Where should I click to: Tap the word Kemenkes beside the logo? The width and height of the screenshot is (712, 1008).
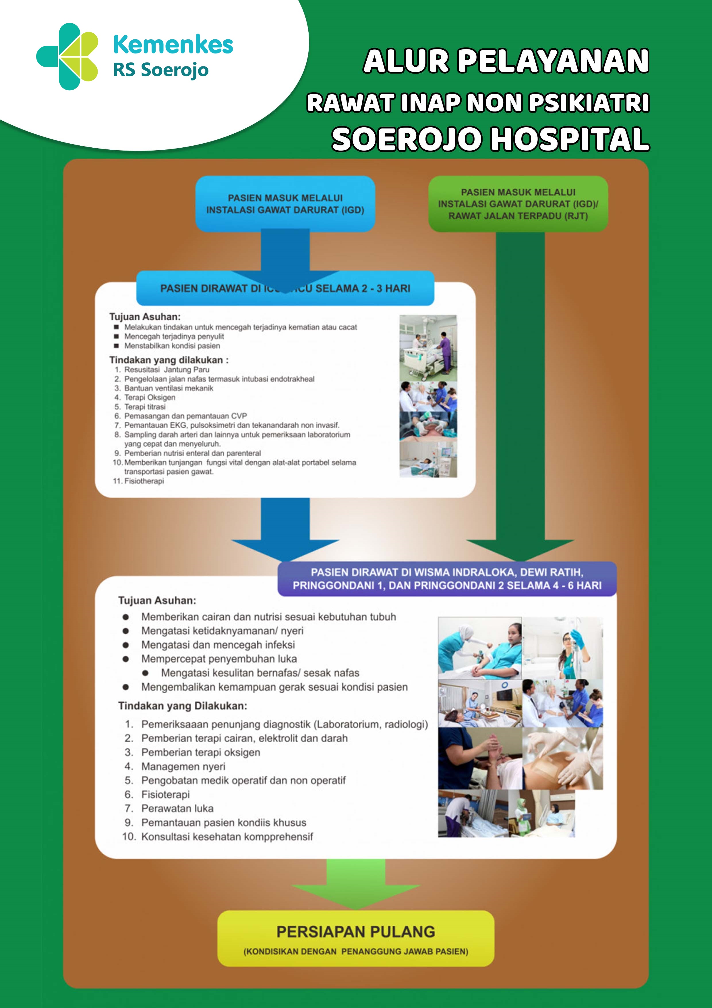click(x=173, y=45)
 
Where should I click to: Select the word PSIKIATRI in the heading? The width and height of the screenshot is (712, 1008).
click(x=589, y=103)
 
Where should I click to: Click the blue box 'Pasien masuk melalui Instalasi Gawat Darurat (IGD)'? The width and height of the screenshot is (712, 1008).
click(x=285, y=204)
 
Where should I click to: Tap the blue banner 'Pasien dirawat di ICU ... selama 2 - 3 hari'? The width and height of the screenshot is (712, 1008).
click(x=285, y=288)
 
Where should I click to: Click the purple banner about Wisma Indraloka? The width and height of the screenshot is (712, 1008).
click(x=447, y=579)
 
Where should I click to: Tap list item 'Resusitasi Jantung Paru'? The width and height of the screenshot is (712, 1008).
click(x=167, y=370)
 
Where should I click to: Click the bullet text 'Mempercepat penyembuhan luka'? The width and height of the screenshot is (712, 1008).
click(x=219, y=659)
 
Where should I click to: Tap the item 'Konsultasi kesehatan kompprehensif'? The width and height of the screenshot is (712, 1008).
click(x=227, y=837)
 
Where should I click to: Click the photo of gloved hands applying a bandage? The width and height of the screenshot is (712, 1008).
click(x=562, y=758)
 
